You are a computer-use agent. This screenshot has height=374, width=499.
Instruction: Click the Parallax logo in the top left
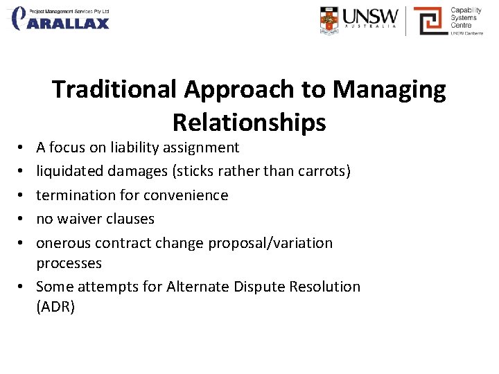click(60, 19)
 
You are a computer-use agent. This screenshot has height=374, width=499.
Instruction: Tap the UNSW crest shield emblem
click(331, 20)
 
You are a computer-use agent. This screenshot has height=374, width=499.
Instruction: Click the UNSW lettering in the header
click(371, 16)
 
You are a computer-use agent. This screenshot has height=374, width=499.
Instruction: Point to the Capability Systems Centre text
click(466, 19)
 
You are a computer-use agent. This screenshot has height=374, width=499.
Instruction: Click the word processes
click(69, 263)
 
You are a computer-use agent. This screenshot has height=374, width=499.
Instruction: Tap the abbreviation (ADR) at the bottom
click(55, 307)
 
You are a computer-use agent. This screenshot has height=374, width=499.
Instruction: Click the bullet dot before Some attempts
click(24, 287)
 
